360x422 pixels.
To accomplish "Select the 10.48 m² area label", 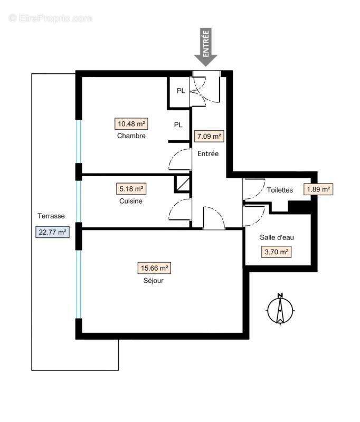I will [x=131, y=124].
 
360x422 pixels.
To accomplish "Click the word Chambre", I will [x=131, y=136].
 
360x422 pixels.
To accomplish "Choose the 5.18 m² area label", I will [x=130, y=188].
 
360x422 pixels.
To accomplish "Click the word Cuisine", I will [x=130, y=201].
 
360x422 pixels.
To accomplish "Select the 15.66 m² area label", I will [x=155, y=268].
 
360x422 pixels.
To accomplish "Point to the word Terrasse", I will [x=51, y=216].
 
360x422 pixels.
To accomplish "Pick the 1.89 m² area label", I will [x=318, y=189].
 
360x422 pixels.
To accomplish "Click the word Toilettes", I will [x=280, y=190].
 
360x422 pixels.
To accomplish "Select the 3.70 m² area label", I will [x=277, y=252].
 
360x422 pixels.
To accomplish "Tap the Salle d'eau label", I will [x=277, y=237].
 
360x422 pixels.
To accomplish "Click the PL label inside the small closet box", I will [x=181, y=91].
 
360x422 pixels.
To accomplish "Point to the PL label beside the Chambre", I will [x=178, y=125].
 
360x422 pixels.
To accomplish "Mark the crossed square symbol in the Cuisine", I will [x=182, y=184].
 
